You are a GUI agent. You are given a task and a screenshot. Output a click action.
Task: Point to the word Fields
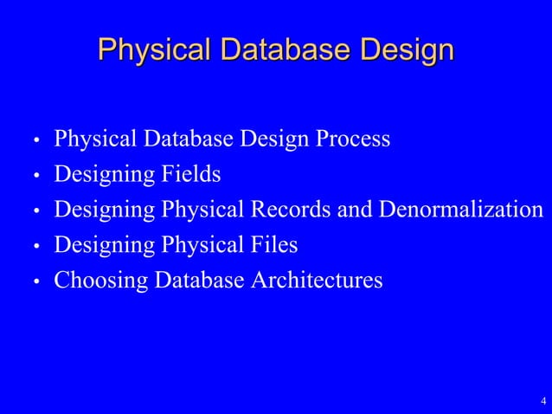189,174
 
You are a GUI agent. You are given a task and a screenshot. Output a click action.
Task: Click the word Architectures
316,281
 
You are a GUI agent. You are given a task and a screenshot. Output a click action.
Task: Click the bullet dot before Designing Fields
37,176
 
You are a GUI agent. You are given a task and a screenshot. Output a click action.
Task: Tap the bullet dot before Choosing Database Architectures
37,282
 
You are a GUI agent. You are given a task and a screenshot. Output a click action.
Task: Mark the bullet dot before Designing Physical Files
37,247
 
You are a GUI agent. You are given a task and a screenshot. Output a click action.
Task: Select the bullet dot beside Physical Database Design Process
37,140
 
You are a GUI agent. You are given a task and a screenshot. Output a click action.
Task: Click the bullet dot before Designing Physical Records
37,211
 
